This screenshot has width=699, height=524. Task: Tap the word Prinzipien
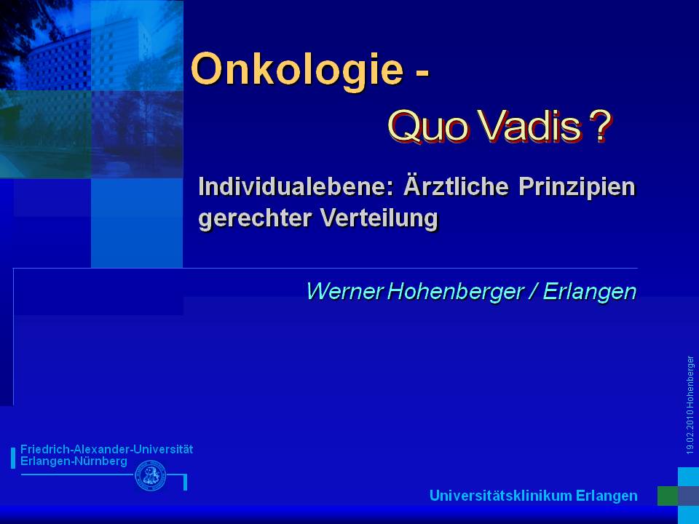577,188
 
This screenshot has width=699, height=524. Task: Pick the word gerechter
255,219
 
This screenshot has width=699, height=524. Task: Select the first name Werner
344,291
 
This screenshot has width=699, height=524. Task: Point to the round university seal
151,476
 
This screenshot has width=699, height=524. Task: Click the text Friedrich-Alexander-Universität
106,449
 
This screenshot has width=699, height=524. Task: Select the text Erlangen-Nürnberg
74,461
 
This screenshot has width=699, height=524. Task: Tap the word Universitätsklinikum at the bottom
500,496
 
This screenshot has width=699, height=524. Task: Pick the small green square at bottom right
668,496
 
